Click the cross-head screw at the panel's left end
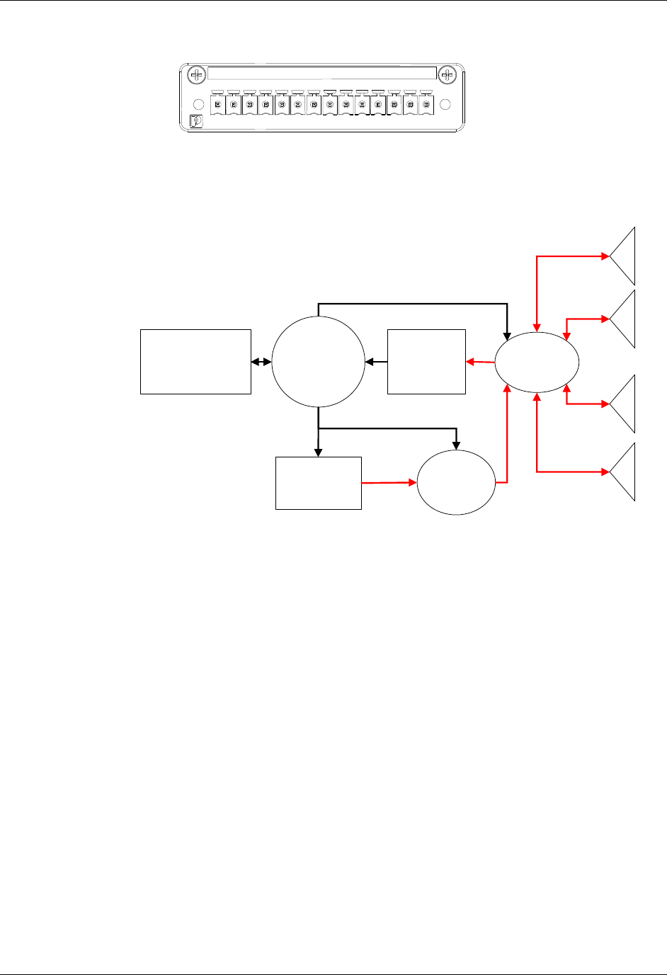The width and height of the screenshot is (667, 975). click(197, 74)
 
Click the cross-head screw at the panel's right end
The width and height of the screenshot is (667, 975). click(446, 74)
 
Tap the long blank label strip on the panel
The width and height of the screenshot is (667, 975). click(322, 74)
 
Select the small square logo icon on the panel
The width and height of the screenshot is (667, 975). click(197, 121)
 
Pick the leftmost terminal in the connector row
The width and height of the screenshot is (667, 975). click(217, 105)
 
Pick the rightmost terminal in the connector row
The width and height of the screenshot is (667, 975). click(426, 105)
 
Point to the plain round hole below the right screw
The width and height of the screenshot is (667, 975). click(445, 104)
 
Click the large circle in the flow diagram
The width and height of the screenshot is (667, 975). click(318, 362)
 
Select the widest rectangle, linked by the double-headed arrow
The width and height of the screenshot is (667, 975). click(195, 361)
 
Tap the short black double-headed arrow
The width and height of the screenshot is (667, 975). click(261, 362)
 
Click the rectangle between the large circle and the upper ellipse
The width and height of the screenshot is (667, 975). click(426, 361)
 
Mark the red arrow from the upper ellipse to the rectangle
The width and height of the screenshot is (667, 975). click(480, 363)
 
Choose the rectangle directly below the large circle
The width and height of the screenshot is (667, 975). click(318, 483)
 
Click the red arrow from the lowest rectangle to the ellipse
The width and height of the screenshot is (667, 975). click(389, 483)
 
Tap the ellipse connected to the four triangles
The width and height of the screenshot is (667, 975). click(537, 362)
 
